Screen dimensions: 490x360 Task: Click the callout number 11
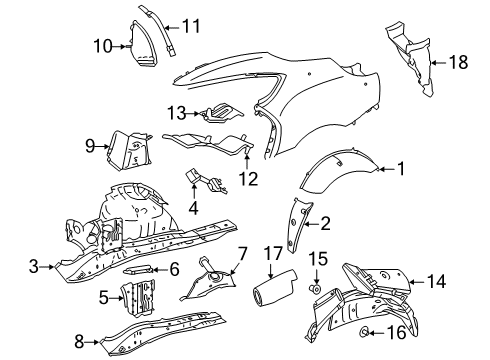point(191,26)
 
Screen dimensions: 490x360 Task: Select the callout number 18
point(459,62)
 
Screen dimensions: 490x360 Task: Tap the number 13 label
point(176,113)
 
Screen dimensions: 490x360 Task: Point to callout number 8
point(79,342)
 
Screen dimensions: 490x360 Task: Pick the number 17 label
point(273,254)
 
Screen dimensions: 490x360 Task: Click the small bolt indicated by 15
point(315,289)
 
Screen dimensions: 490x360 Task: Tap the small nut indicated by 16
point(364,332)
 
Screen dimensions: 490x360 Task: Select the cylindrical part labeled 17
point(274,287)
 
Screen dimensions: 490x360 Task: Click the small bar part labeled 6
point(138,270)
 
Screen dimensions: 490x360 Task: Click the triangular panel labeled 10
point(142,43)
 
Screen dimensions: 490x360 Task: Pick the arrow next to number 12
point(247,160)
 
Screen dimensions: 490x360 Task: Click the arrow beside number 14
point(417,282)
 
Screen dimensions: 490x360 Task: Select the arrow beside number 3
point(48,267)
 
